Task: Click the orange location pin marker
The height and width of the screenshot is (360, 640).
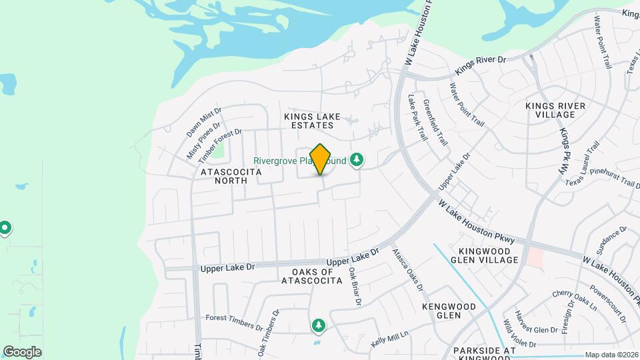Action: [321, 159]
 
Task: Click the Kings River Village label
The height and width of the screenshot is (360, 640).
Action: [555, 110]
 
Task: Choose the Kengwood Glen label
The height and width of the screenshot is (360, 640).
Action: [449, 311]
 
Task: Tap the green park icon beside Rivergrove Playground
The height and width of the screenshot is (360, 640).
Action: [357, 160]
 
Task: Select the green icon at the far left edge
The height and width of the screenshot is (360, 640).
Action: [5, 229]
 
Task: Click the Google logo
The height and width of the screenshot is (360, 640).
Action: [22, 352]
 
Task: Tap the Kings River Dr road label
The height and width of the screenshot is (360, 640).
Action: [481, 65]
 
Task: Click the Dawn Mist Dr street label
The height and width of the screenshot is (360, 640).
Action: [203, 121]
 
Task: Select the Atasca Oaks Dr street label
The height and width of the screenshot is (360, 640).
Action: [407, 269]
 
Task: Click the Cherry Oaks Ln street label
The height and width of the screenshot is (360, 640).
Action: [574, 298]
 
